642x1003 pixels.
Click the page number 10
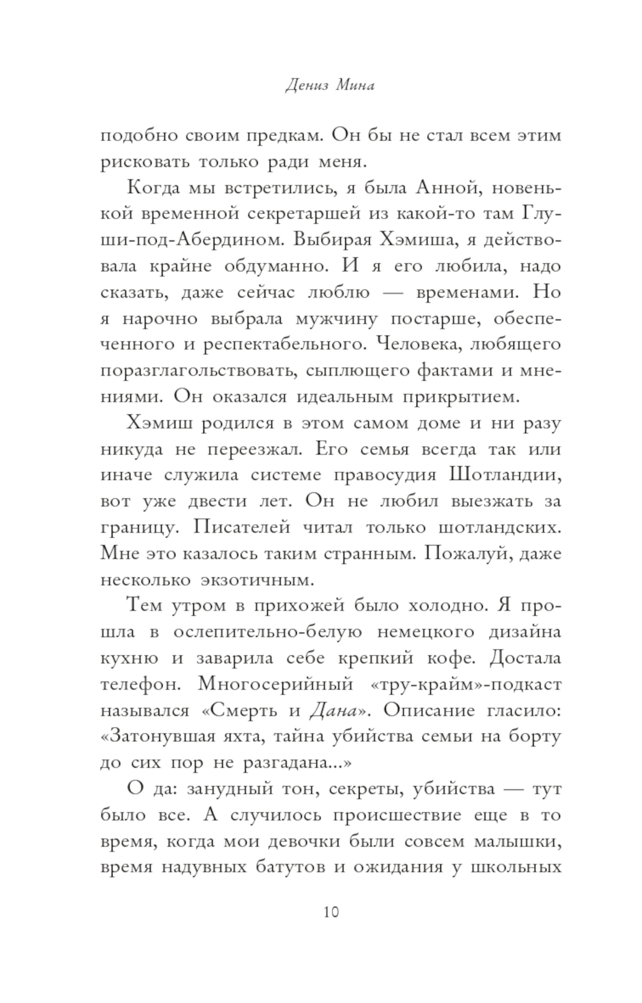tap(331, 912)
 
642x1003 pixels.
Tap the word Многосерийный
tap(276, 685)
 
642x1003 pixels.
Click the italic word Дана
tap(332, 711)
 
